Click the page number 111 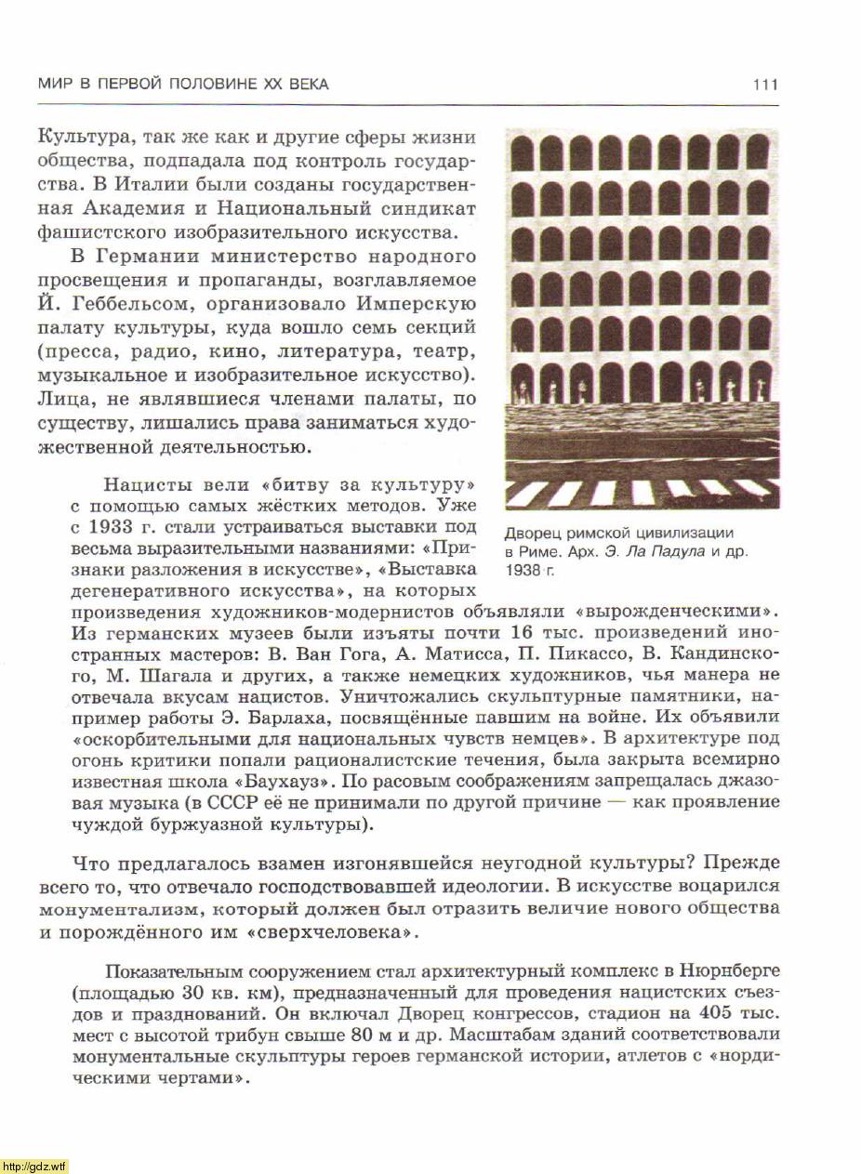click(x=765, y=85)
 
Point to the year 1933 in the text click(x=113, y=527)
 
